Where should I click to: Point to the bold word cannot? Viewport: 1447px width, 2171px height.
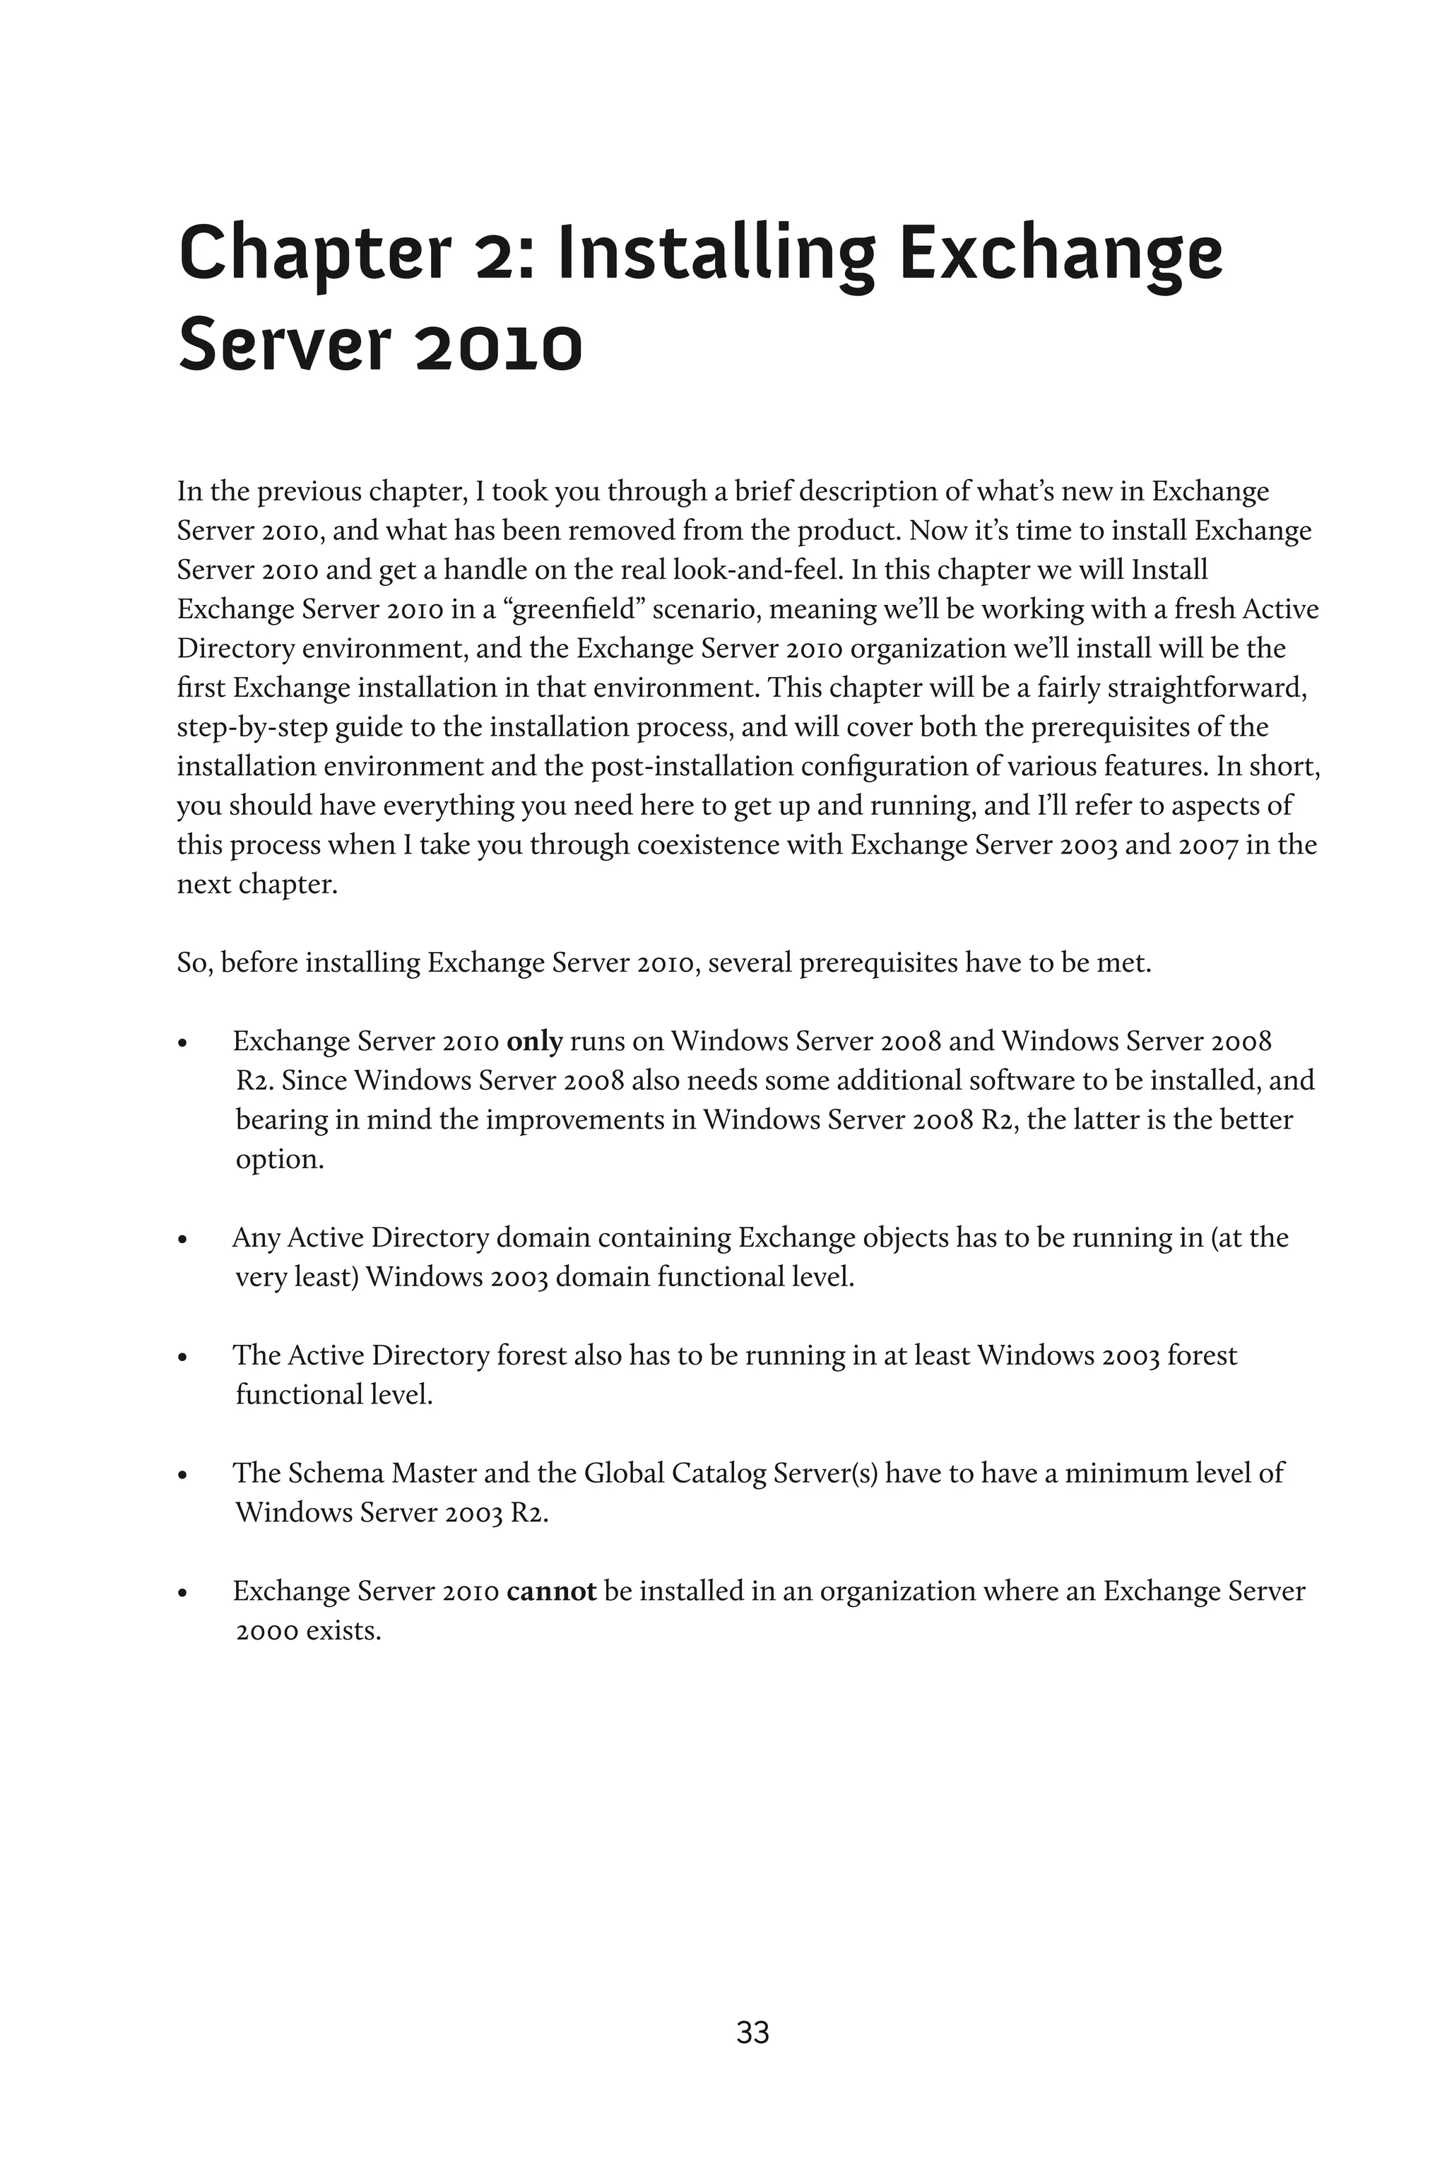[x=551, y=1592]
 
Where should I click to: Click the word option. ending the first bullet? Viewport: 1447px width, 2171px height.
[x=280, y=1159]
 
